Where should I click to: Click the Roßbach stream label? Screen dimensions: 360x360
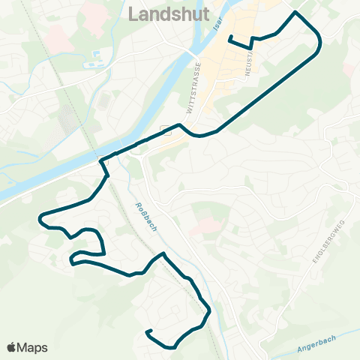pyautogui.click(x=148, y=217)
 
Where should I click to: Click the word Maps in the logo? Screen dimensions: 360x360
pyautogui.click(x=32, y=347)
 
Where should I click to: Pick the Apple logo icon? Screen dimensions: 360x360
pyautogui.click(x=12, y=346)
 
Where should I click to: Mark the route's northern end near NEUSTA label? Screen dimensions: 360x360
pyautogui.click(x=229, y=37)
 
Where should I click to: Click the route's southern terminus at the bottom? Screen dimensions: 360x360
pyautogui.click(x=148, y=331)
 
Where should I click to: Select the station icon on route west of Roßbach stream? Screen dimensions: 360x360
pyautogui.click(x=104, y=158)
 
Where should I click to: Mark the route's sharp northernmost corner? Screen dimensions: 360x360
pyautogui.click(x=295, y=13)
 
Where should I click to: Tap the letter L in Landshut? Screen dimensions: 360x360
pyautogui.click(x=136, y=14)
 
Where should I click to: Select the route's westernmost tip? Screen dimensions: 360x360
pyautogui.click(x=38, y=217)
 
